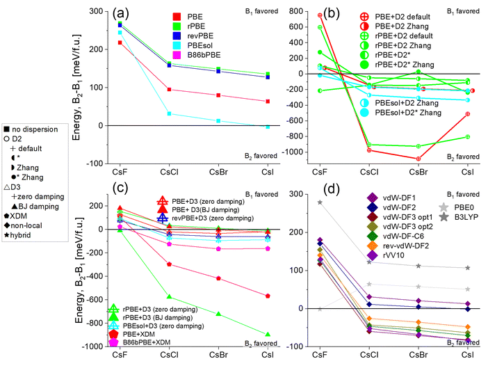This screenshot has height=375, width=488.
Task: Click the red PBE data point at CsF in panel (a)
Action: (120, 42)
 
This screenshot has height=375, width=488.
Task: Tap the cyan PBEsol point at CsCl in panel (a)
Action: (169, 113)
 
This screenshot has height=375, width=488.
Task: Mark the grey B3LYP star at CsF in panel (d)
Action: (320, 202)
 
